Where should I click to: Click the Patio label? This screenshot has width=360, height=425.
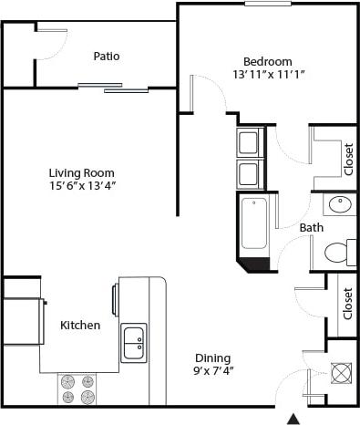107,57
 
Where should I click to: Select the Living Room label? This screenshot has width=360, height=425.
82,171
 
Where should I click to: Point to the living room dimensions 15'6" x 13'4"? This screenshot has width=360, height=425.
82,186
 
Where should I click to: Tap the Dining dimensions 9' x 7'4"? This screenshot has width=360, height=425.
212,372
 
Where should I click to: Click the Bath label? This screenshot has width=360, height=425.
311,227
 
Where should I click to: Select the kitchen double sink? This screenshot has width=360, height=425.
133,342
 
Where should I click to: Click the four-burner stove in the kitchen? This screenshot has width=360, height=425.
77,389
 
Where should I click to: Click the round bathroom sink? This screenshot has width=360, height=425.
341,205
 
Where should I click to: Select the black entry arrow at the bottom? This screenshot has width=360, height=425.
293,419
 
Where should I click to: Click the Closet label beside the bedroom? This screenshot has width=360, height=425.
349,158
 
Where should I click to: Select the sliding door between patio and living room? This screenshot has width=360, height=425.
113,88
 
